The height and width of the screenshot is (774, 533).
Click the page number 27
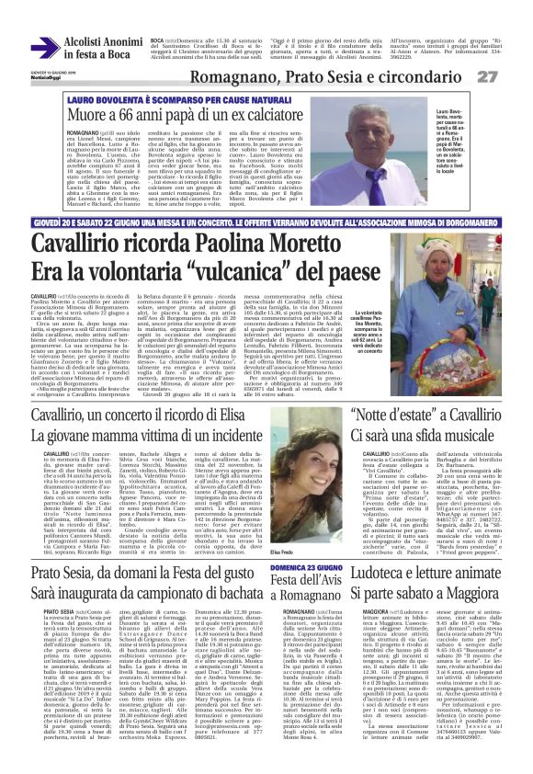click(513, 74)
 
